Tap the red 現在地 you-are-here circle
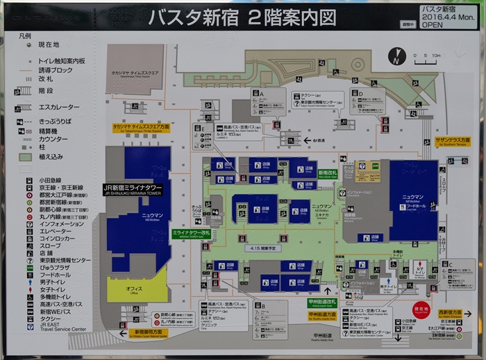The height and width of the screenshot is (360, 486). coord(421,308)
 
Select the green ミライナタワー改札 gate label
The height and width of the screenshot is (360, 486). coord(191,234)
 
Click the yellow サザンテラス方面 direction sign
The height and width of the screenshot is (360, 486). coord(452,140)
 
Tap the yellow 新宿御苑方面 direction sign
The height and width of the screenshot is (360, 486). coord(147,332)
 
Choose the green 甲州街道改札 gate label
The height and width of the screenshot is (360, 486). coord(321,302)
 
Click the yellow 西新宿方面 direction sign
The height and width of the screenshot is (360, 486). coord(449,313)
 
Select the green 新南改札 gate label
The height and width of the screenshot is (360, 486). coord(327,173)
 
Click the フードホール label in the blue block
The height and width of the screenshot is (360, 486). coord(416,205)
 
